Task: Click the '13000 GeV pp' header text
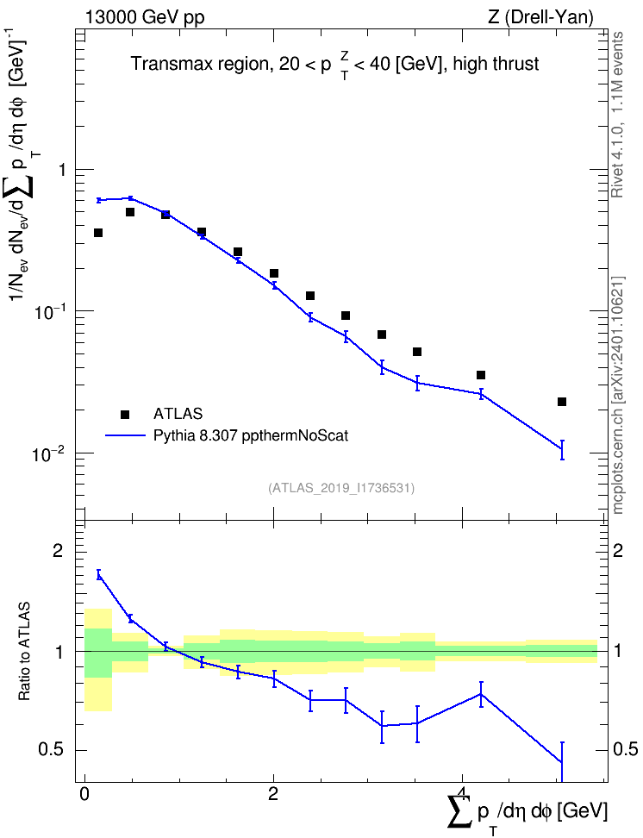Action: click(145, 18)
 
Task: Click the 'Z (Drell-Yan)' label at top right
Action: click(540, 17)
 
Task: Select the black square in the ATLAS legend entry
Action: click(125, 414)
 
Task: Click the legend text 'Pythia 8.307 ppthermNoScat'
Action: click(251, 436)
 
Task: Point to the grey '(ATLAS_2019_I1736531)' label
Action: click(341, 487)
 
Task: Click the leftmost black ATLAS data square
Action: click(98, 233)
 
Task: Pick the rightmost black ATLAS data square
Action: click(562, 402)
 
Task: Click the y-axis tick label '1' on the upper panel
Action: click(62, 170)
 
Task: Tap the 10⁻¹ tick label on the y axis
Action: click(47, 310)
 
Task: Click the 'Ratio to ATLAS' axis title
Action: click(24, 652)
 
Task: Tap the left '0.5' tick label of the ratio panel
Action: click(51, 750)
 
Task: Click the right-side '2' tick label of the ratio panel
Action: click(618, 551)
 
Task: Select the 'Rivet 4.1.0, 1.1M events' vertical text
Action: click(617, 115)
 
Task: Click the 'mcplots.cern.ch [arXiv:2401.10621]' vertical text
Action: click(617, 395)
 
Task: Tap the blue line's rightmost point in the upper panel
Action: click(562, 449)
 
